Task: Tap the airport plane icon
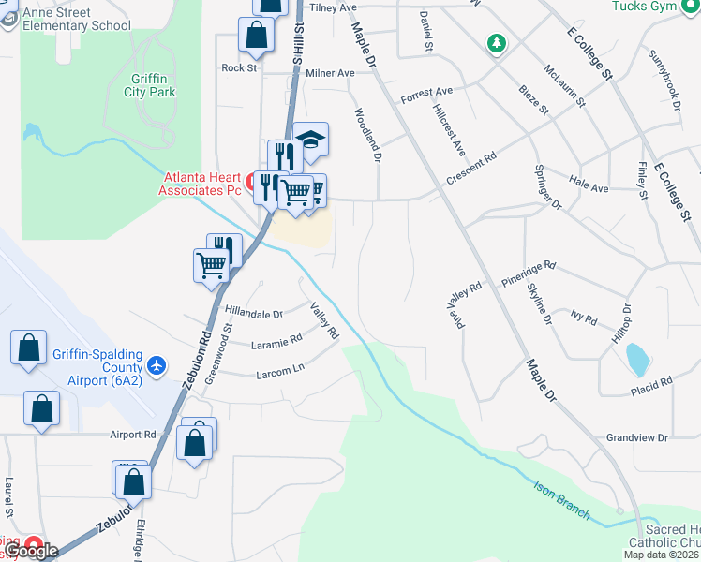(x=156, y=363)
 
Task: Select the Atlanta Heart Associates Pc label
(x=203, y=183)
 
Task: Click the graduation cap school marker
(x=310, y=140)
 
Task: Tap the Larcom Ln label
(x=280, y=372)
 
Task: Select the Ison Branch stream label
(x=562, y=500)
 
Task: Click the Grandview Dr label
(x=636, y=437)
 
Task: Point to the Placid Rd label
(x=652, y=383)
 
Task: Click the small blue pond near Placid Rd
(x=636, y=357)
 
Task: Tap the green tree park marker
(x=496, y=43)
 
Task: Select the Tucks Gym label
(x=644, y=7)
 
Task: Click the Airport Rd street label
(x=132, y=435)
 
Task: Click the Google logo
(x=31, y=551)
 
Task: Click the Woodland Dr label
(x=368, y=137)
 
